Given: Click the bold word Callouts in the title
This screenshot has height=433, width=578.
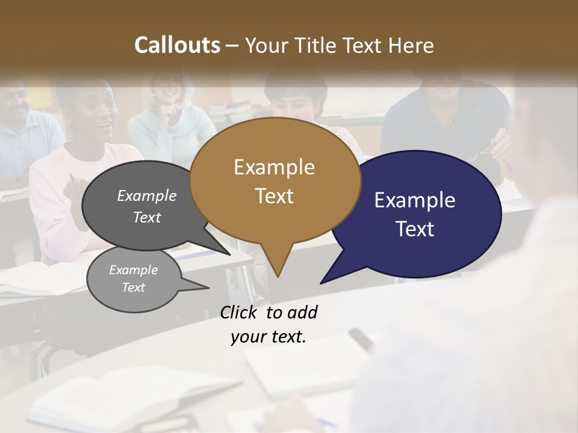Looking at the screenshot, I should pos(177,45).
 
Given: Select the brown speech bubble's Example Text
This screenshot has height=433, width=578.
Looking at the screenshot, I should pos(275,182).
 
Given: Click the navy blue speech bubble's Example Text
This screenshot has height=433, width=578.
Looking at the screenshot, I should pos(415,215).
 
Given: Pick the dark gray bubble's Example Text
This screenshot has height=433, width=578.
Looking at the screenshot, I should pos(147,206).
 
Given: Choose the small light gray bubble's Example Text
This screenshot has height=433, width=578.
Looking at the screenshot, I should pos(133,278).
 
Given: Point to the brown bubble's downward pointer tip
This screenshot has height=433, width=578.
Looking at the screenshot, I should pos(278,277).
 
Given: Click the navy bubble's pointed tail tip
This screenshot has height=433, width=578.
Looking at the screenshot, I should pos(321,283).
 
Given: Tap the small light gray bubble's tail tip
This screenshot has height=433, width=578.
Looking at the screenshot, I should pos(208,288).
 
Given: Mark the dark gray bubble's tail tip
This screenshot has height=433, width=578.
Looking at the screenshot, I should pos(230,254).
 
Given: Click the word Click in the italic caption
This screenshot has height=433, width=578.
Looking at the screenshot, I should pos(240,313).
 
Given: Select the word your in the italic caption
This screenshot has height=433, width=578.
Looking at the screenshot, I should pos(247,337).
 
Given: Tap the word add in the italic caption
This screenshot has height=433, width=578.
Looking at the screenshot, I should pos(302,313).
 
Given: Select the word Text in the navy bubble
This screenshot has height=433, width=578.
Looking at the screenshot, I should pos(415,229).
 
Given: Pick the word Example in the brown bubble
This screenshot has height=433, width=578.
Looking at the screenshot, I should pos(275,167).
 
